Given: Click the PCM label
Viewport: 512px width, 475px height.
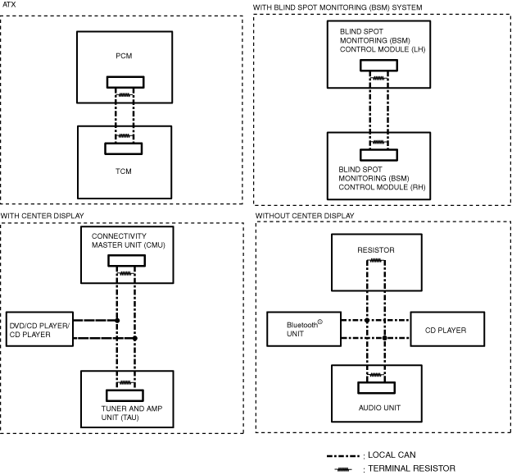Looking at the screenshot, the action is [x=124, y=56].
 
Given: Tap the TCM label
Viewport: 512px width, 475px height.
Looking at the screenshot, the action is [x=124, y=171].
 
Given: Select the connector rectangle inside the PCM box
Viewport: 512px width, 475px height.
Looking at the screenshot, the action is [x=125, y=82].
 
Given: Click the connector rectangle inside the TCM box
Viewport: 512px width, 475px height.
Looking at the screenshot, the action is [x=124, y=148].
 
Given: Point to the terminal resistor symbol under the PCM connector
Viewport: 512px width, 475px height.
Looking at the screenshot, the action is [x=124, y=95].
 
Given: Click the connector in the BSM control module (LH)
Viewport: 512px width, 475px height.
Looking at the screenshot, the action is [x=378, y=65].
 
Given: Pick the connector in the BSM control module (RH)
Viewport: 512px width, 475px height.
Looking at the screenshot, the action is [x=378, y=155].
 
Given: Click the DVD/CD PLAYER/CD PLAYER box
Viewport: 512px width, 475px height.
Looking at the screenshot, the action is [x=39, y=329].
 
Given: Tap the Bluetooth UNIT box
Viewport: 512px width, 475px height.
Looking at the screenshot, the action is [x=304, y=329].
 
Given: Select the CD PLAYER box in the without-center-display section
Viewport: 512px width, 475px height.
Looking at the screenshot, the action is [x=447, y=329].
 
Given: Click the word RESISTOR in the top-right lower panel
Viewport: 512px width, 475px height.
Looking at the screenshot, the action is [x=376, y=250].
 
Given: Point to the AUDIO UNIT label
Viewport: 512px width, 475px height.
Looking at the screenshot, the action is [x=379, y=408].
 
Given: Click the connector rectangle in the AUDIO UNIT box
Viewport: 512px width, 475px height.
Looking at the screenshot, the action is [x=377, y=388].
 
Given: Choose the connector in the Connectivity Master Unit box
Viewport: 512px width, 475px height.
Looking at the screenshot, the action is [x=127, y=261].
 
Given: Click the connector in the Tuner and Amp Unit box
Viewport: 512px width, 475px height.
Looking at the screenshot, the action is [x=125, y=395].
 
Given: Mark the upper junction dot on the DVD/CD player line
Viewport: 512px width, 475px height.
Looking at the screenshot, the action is [x=117, y=321].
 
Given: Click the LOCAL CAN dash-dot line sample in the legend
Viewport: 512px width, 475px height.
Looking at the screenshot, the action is [x=343, y=456].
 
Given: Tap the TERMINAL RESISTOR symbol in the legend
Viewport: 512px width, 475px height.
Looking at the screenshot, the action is [x=343, y=469].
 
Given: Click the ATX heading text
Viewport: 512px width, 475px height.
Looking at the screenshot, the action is [x=9, y=5].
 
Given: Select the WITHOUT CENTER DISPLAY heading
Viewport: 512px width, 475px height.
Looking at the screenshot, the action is [x=305, y=216].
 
